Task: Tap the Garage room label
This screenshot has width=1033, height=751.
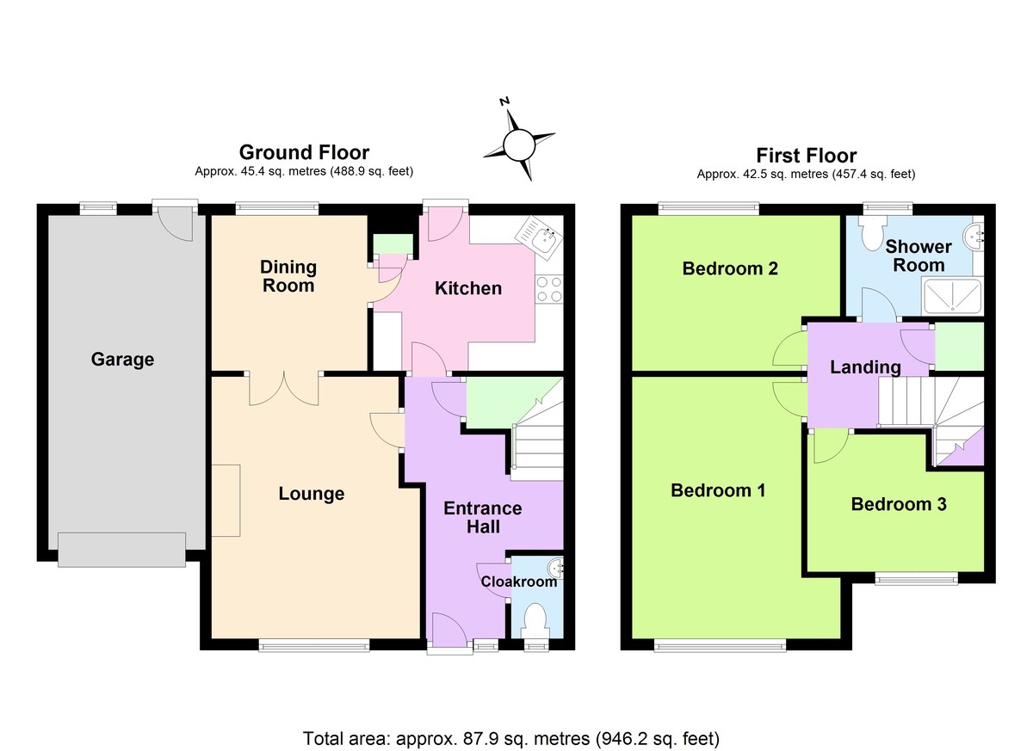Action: [x=122, y=360]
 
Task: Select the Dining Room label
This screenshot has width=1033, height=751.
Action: [x=288, y=276]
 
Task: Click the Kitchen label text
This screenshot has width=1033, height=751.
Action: [x=467, y=288]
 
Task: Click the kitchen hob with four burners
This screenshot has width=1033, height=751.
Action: [x=548, y=288]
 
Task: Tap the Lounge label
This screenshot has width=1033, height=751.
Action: [x=312, y=494]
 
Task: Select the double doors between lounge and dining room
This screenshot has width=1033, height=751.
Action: [x=284, y=389]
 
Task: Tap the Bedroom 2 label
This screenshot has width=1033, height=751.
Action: [x=730, y=268]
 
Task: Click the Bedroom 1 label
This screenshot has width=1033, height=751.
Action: [x=718, y=490]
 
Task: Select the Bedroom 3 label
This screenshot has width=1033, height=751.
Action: [x=898, y=504]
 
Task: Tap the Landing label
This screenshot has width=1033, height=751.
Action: [x=865, y=367]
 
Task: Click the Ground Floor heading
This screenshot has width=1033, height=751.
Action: [x=304, y=152]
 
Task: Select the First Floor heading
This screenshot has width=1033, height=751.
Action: [x=806, y=156]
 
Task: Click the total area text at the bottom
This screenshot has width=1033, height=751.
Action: [x=510, y=738]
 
